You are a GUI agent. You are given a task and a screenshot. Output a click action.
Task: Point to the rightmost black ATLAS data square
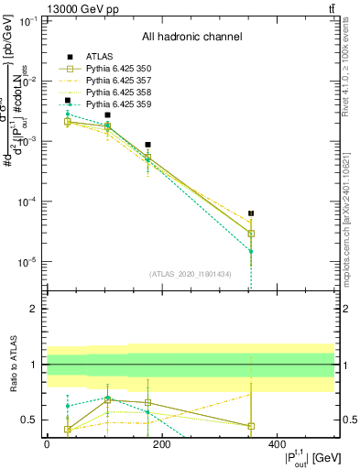coord(251,213)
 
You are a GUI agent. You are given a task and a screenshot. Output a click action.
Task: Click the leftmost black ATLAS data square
coord(67,101)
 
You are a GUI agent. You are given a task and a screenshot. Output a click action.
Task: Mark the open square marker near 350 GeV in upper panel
coord(251,234)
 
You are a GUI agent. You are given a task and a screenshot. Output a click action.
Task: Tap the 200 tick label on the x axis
coord(161,444)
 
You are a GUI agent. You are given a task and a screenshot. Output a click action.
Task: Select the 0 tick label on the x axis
coord(47,444)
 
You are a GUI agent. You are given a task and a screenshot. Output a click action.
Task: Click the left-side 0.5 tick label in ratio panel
coord(29,420)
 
